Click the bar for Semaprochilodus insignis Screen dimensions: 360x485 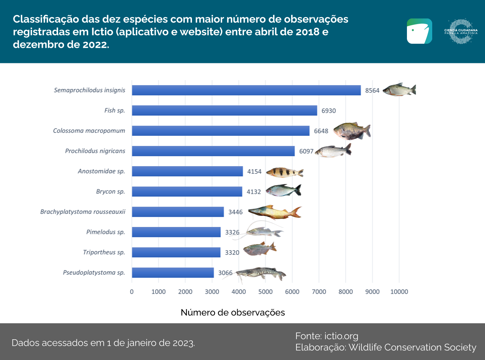(246, 90)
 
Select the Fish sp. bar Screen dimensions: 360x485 (224, 110)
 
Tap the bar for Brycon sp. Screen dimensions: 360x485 (187, 191)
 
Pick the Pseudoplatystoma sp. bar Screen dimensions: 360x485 (173, 273)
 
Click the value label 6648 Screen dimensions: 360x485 (321, 131)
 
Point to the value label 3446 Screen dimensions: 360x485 (235, 212)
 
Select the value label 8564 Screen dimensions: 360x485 (372, 90)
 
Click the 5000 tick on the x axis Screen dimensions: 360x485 (265, 292)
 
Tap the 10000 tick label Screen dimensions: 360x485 (399, 292)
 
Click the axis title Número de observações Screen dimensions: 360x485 (233, 313)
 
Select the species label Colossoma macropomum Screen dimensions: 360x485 (89, 131)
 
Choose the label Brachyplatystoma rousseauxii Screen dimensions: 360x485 (83, 212)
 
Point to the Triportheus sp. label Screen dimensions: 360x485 (104, 252)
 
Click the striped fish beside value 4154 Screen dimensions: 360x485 (284, 172)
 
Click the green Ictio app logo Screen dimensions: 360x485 (419, 31)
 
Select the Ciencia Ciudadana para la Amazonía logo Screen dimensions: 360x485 (461, 31)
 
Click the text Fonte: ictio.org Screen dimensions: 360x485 (327, 336)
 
